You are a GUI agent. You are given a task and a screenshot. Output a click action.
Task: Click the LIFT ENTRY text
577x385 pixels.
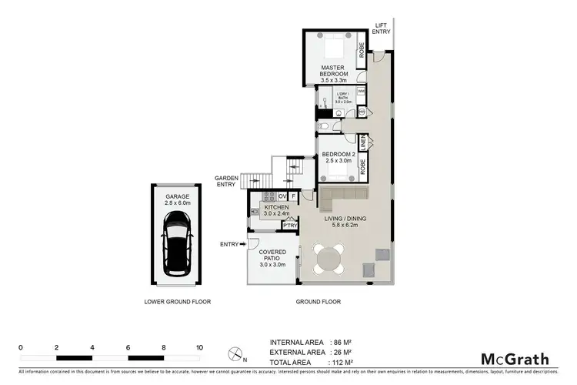pyautogui.click(x=382, y=28)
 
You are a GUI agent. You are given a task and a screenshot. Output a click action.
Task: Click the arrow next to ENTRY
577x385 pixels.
pyautogui.click(x=243, y=244)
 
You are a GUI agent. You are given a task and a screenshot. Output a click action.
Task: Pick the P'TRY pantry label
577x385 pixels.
pyautogui.click(x=289, y=225)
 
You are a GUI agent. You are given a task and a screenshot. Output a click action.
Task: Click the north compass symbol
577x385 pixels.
pyautogui.click(x=234, y=355)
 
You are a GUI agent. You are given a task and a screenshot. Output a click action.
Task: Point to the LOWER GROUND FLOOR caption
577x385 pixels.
pyautogui.click(x=177, y=301)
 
